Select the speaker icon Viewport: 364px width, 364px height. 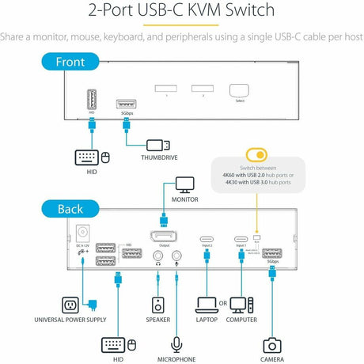point(158,305)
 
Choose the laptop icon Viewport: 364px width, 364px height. point(207,303)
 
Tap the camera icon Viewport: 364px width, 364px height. point(272,345)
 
